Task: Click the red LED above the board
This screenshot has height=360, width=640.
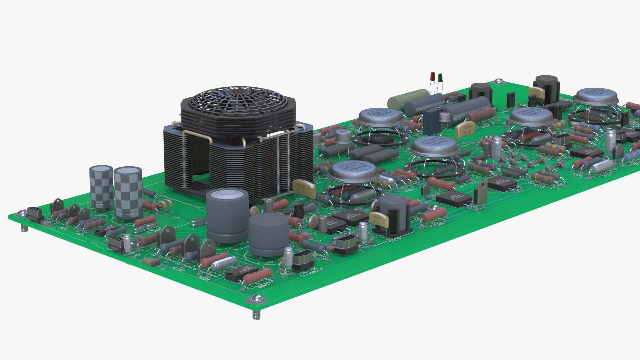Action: click(x=432, y=76)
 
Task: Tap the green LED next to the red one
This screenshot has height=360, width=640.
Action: click(x=440, y=78)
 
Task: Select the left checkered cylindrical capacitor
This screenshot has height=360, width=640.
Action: click(x=101, y=187)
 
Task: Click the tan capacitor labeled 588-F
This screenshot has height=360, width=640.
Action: click(x=379, y=219)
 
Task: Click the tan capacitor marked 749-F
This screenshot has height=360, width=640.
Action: click(x=536, y=92)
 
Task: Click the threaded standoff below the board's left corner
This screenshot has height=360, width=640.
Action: click(x=24, y=228)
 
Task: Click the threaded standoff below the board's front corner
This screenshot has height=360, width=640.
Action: click(x=256, y=315)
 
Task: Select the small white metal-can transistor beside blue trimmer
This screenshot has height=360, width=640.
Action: click(x=444, y=117)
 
